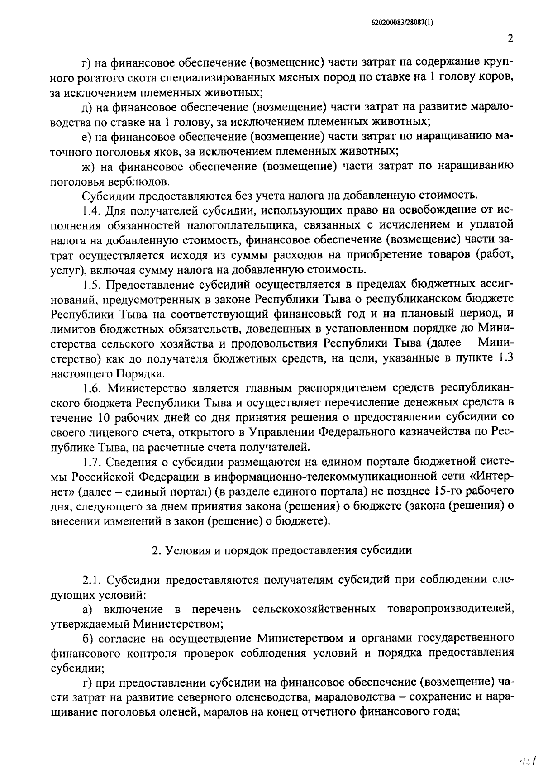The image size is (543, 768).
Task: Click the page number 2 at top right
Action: pyautogui.click(x=510, y=38)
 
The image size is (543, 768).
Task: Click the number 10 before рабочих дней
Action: pyautogui.click(x=103, y=417)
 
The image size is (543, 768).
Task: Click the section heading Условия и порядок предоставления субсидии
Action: pyautogui.click(x=287, y=550)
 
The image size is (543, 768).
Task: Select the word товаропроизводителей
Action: pyautogui.click(x=451, y=609)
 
